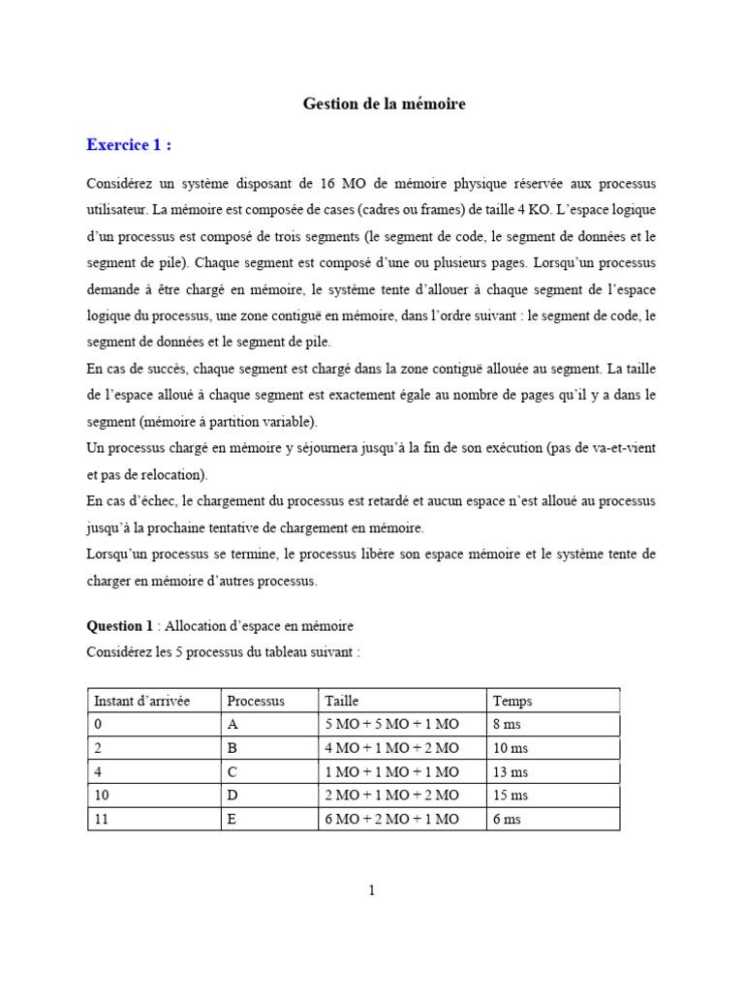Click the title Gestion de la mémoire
[385, 104]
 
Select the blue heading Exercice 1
[129, 145]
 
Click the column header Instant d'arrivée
[141, 701]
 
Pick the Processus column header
[256, 701]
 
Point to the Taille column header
[341, 701]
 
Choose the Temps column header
[512, 701]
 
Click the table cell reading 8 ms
[509, 725]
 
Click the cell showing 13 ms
[511, 772]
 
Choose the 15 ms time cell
[511, 796]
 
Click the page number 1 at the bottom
[372, 891]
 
